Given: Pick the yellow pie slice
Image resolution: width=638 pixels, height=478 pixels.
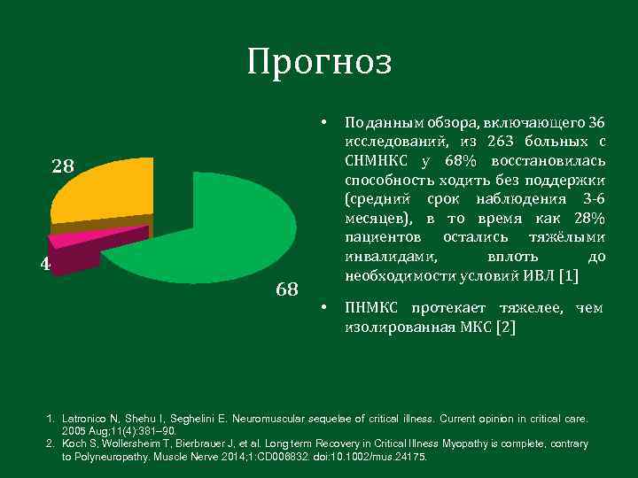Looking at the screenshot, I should pos(97,195).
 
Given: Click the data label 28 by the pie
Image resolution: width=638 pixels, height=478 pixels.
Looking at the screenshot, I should pos(63,166).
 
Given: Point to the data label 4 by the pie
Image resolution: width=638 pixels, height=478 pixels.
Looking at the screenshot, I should pos(45,264).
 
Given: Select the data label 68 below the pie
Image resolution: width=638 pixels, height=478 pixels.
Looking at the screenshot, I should pos(287,289).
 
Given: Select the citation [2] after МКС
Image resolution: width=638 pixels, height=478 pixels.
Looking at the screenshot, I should pos(505,328).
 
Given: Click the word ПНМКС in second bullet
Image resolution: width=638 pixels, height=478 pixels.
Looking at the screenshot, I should pos(372,308).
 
